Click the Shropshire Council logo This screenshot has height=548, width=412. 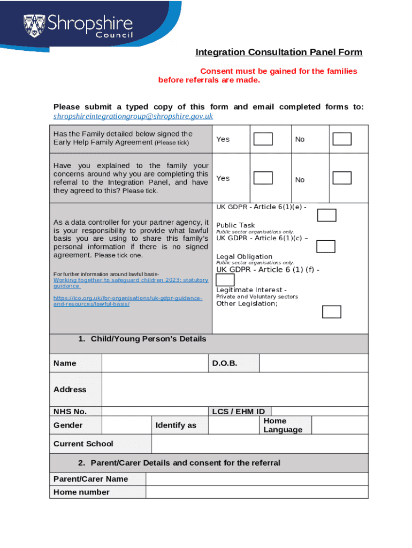coord(77,26)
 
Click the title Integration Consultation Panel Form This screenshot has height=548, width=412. coord(279,52)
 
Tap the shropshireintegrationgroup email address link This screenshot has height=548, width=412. coord(133,116)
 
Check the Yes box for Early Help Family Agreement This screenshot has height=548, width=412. coord(263,139)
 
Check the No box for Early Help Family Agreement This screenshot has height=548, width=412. coord(342,139)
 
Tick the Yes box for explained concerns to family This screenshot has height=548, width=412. coord(263,178)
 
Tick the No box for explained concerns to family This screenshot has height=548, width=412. coord(342,178)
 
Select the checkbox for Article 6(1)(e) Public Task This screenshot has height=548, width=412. coord(326,215)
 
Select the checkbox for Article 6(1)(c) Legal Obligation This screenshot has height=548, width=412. coord(325,246)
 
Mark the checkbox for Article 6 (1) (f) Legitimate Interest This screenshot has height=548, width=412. coord(225,280)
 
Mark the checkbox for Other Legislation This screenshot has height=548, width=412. coord(332,311)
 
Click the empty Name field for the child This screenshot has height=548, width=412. coord(154,363)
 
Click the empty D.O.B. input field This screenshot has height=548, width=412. coord(314,363)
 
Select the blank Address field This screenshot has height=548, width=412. coord(234,390)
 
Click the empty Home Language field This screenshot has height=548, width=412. coord(339,425)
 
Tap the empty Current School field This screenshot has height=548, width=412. coord(260,444)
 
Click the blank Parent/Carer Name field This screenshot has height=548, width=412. coord(256,479)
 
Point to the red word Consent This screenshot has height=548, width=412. coord(217,71)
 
